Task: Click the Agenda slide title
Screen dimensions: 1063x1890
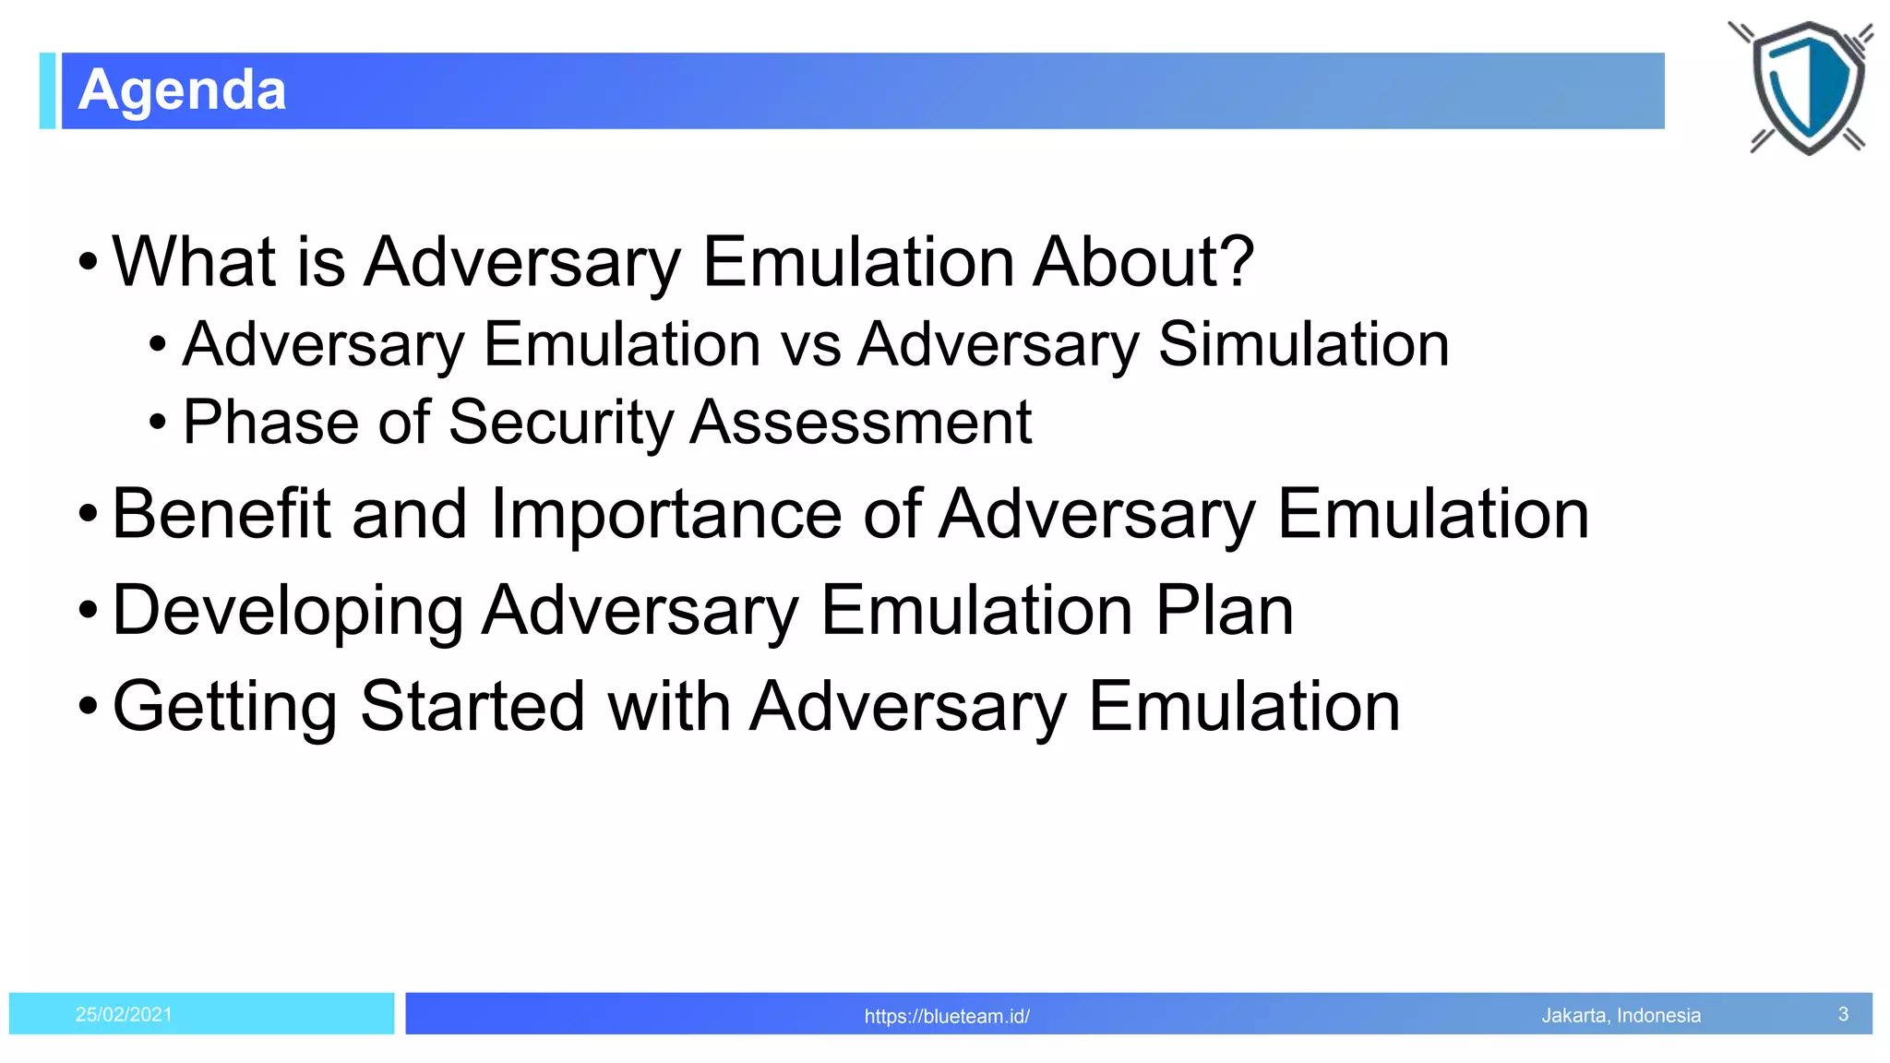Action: pyautogui.click(x=182, y=90)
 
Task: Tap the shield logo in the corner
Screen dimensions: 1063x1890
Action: pyautogui.click(x=1806, y=88)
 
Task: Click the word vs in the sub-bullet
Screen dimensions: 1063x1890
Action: pyautogui.click(x=810, y=344)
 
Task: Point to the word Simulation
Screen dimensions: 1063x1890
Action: pyautogui.click(x=1303, y=344)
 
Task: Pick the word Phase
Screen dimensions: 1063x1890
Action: pyautogui.click(x=269, y=423)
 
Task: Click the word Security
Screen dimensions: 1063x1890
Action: pyautogui.click(x=561, y=423)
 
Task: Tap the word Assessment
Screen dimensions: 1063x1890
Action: pyautogui.click(x=860, y=423)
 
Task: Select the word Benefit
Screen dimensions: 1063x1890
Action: pyautogui.click(x=221, y=514)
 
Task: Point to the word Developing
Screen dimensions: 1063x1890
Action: pyautogui.click(x=287, y=611)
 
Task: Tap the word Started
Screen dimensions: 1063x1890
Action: pyautogui.click(x=472, y=708)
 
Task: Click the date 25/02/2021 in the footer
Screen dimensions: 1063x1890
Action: pyautogui.click(x=124, y=1014)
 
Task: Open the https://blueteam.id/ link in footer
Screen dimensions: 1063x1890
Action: pyautogui.click(x=946, y=1016)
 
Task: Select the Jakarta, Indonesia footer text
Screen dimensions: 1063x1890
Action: pyautogui.click(x=1621, y=1015)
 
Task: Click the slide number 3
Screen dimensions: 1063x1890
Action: pyautogui.click(x=1843, y=1014)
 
